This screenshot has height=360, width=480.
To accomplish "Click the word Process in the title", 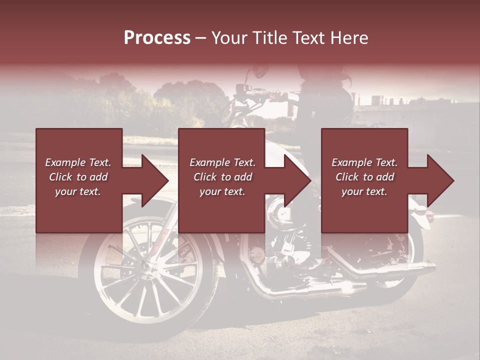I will (x=157, y=38).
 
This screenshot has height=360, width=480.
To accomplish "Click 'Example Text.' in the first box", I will (x=78, y=162).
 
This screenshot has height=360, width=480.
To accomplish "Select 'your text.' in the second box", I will (x=222, y=191).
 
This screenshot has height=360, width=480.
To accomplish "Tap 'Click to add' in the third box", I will (x=364, y=177).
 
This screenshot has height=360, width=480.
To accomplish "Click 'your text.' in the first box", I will (x=78, y=191).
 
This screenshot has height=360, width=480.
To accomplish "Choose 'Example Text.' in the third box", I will (x=364, y=162).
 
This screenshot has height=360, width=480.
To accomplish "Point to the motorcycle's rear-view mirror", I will (x=260, y=71).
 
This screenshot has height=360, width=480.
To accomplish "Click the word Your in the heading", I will (x=229, y=38).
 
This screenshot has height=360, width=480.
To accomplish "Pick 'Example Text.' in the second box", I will (x=222, y=162).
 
